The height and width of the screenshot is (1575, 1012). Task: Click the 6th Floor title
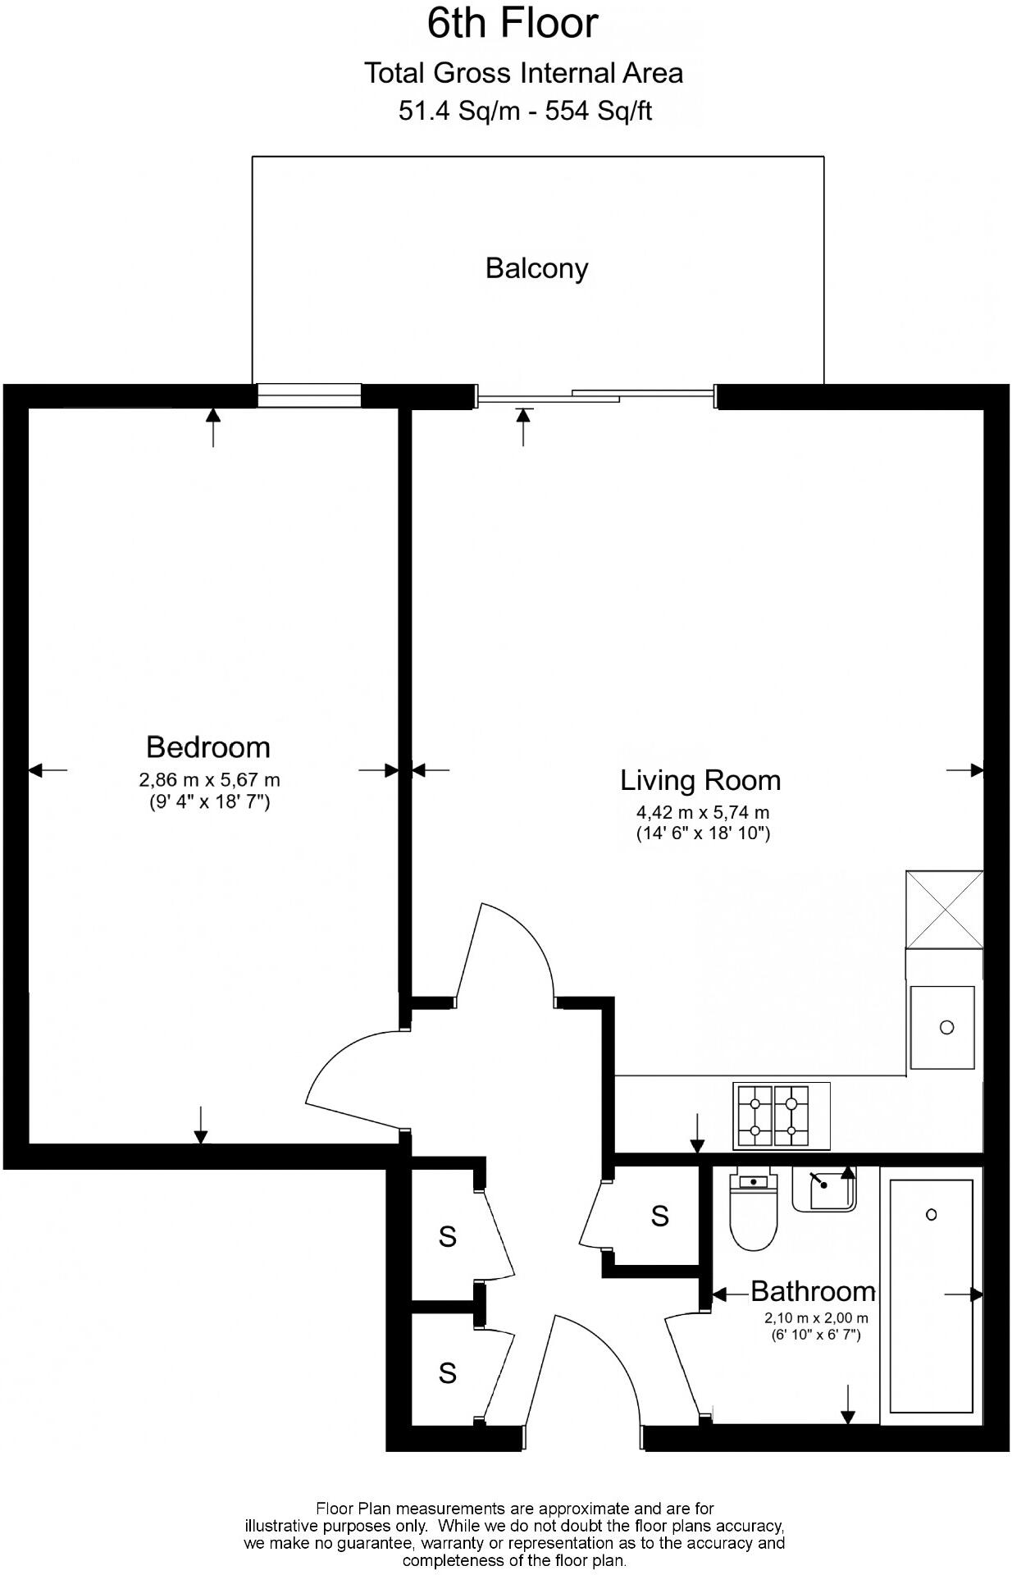point(513,23)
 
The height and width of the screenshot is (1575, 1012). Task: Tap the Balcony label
point(537,268)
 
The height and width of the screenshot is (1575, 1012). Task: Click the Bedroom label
point(208,746)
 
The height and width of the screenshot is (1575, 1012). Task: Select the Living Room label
point(700,779)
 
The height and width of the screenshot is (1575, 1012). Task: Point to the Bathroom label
point(813,1291)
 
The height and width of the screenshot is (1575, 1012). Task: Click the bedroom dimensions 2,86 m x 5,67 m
point(210,780)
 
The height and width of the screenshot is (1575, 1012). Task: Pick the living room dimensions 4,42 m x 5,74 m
point(703,813)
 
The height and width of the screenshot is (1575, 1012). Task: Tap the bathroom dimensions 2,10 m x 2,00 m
point(816,1318)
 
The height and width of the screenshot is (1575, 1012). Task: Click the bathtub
point(932,1296)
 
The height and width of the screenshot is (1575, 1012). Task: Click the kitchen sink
point(943,1028)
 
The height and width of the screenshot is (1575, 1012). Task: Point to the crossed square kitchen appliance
point(944,910)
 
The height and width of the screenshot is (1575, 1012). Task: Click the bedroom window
point(309,395)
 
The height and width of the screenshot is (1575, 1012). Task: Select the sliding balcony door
point(596,397)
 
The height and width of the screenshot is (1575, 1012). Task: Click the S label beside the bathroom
point(660,1216)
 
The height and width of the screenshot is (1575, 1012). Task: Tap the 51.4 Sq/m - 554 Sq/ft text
point(525,110)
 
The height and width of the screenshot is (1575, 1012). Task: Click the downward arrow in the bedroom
point(200,1125)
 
